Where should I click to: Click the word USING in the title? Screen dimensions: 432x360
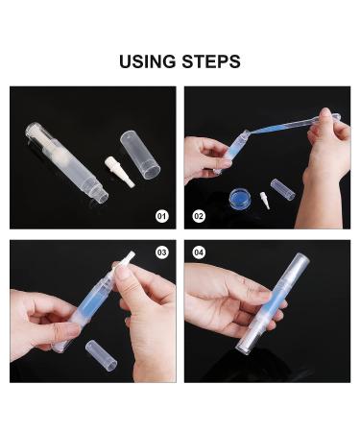pyautogui.click(x=148, y=61)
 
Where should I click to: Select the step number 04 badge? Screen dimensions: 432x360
pyautogui.click(x=199, y=252)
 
